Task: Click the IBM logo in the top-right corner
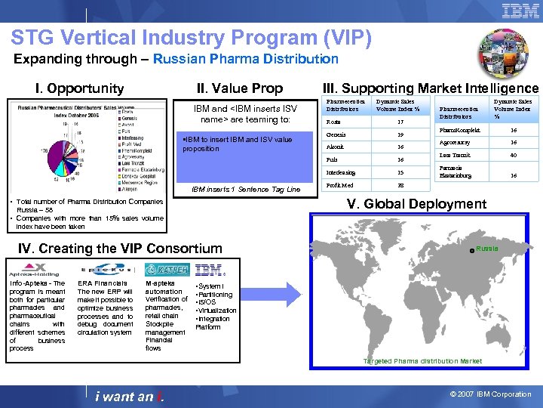pyautogui.click(x=520, y=11)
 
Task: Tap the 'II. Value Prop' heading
pyautogui.click(x=239, y=88)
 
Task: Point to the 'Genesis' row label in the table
pyautogui.click(x=336, y=134)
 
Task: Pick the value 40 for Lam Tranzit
pyautogui.click(x=513, y=155)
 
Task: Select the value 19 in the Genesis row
pyautogui.click(x=400, y=134)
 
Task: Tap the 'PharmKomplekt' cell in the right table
pyautogui.click(x=462, y=129)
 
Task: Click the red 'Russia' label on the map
pyautogui.click(x=487, y=248)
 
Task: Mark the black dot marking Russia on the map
pyautogui.click(x=471, y=250)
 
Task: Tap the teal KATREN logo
pyautogui.click(x=167, y=270)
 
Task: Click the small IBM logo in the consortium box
pyautogui.click(x=208, y=270)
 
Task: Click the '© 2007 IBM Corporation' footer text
pyautogui.click(x=491, y=394)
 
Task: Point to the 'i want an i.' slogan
pyautogui.click(x=130, y=397)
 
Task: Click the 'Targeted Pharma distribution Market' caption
pyautogui.click(x=422, y=361)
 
